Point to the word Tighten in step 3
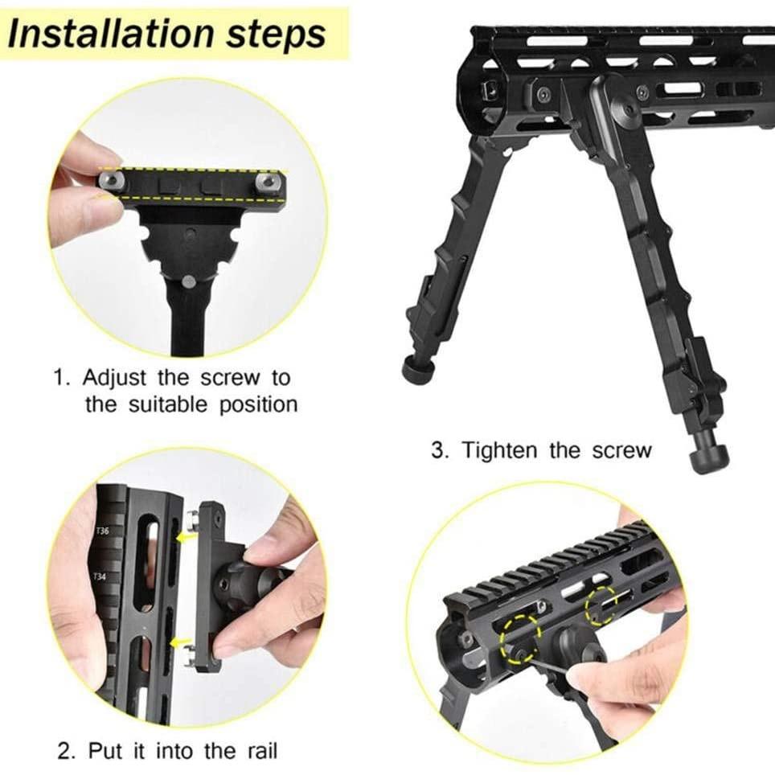coord(502,450)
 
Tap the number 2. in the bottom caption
coord(68,751)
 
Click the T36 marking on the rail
coord(103,531)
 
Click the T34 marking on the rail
coord(100,576)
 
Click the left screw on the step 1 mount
coord(108,181)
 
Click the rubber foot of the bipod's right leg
coord(707,459)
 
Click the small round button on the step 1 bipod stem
coord(187,281)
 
